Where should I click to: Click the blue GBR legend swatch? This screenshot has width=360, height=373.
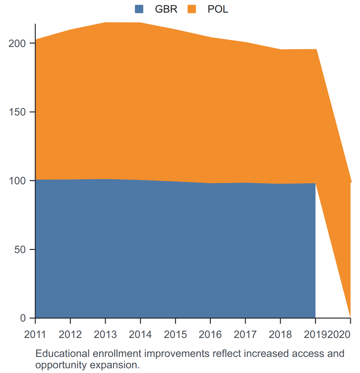coord(139,9)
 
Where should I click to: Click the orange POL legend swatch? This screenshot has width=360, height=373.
coord(192,9)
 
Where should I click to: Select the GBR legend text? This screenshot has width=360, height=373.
coord(166,9)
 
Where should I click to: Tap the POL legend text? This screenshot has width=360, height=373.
coord(218,9)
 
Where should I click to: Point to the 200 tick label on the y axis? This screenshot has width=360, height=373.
coord(17,43)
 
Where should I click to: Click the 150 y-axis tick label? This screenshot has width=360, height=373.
coord(17,112)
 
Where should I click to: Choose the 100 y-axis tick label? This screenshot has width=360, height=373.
coord(17,181)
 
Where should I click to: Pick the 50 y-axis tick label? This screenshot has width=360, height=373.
coord(20,250)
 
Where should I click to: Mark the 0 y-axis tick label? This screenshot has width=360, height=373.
coord(23,318)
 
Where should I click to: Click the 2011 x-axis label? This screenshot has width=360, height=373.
coord(35,335)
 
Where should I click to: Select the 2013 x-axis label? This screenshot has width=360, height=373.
coord(105,335)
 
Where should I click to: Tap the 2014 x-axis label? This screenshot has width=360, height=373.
coord(140,335)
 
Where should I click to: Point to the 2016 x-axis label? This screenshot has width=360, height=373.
coord(210,335)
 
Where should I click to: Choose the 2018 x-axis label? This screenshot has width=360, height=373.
coord(280,335)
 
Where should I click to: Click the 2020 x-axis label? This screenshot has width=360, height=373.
coord(339,335)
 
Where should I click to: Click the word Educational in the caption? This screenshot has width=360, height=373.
coord(63,353)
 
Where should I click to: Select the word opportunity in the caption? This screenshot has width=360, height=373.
coord(61,365)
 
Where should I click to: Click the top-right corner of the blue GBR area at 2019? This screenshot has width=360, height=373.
coord(315,183)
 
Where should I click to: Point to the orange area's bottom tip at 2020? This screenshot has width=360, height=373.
coord(350,317)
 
